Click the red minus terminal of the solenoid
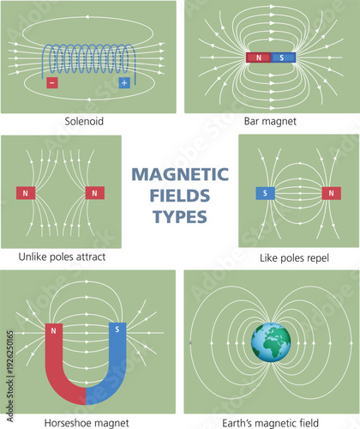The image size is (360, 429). point(51,83)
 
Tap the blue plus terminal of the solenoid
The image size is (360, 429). point(125,83)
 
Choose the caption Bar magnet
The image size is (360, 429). point(270,123)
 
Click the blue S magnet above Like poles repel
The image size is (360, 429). point(265,193)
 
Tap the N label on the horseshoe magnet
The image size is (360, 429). point(54,329)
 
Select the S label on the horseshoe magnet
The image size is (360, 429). point(117,329)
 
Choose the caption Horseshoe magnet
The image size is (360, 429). point(86,422)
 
